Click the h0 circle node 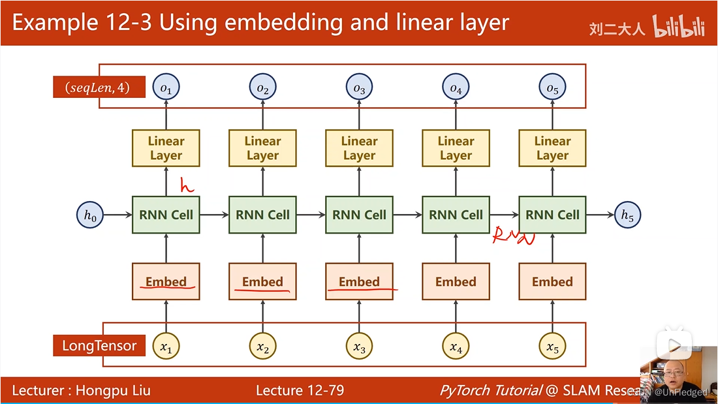tap(90, 215)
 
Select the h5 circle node tap(627, 215)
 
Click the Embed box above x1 tap(166, 282)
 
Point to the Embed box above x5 tap(552, 282)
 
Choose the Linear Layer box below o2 tap(262, 148)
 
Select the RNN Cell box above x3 tap(359, 215)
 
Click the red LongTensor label tap(99, 345)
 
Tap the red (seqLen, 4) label tap(99, 87)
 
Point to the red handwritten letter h tap(187, 186)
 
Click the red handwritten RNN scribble tap(514, 236)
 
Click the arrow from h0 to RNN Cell tap(117, 215)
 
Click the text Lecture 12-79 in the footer tap(300, 390)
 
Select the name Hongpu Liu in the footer tap(113, 390)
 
